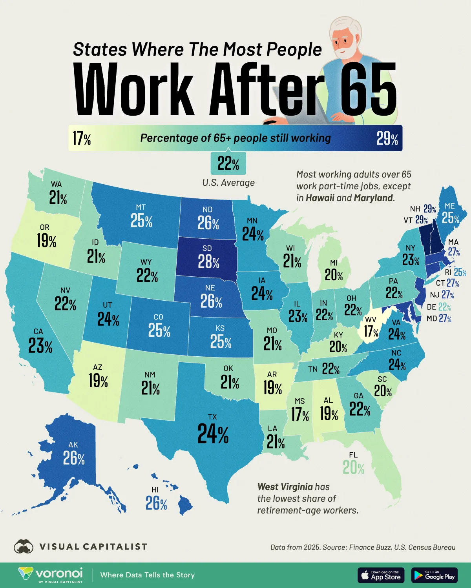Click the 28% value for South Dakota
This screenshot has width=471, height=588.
pos(208,262)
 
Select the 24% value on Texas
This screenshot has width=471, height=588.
pos(213,434)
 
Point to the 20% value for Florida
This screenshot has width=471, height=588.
pos(353,468)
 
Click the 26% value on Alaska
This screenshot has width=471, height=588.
pos(74,458)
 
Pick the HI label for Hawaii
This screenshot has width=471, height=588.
pos(155,490)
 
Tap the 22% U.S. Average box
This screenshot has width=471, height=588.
pos(228,164)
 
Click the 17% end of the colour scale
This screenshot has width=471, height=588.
pos(82,138)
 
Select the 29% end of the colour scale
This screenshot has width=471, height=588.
pos(387,138)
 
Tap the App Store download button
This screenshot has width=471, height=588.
pos(381,575)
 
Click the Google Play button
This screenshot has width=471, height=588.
pos(434,575)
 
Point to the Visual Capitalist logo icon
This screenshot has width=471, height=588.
pos(23,546)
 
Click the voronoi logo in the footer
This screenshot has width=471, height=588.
pos(51,575)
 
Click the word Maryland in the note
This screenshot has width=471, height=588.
pos(373,198)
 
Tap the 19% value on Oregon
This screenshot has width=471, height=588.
pos(47,241)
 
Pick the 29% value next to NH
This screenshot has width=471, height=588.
pos(429,209)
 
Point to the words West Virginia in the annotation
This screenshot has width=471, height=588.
pos(285,487)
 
